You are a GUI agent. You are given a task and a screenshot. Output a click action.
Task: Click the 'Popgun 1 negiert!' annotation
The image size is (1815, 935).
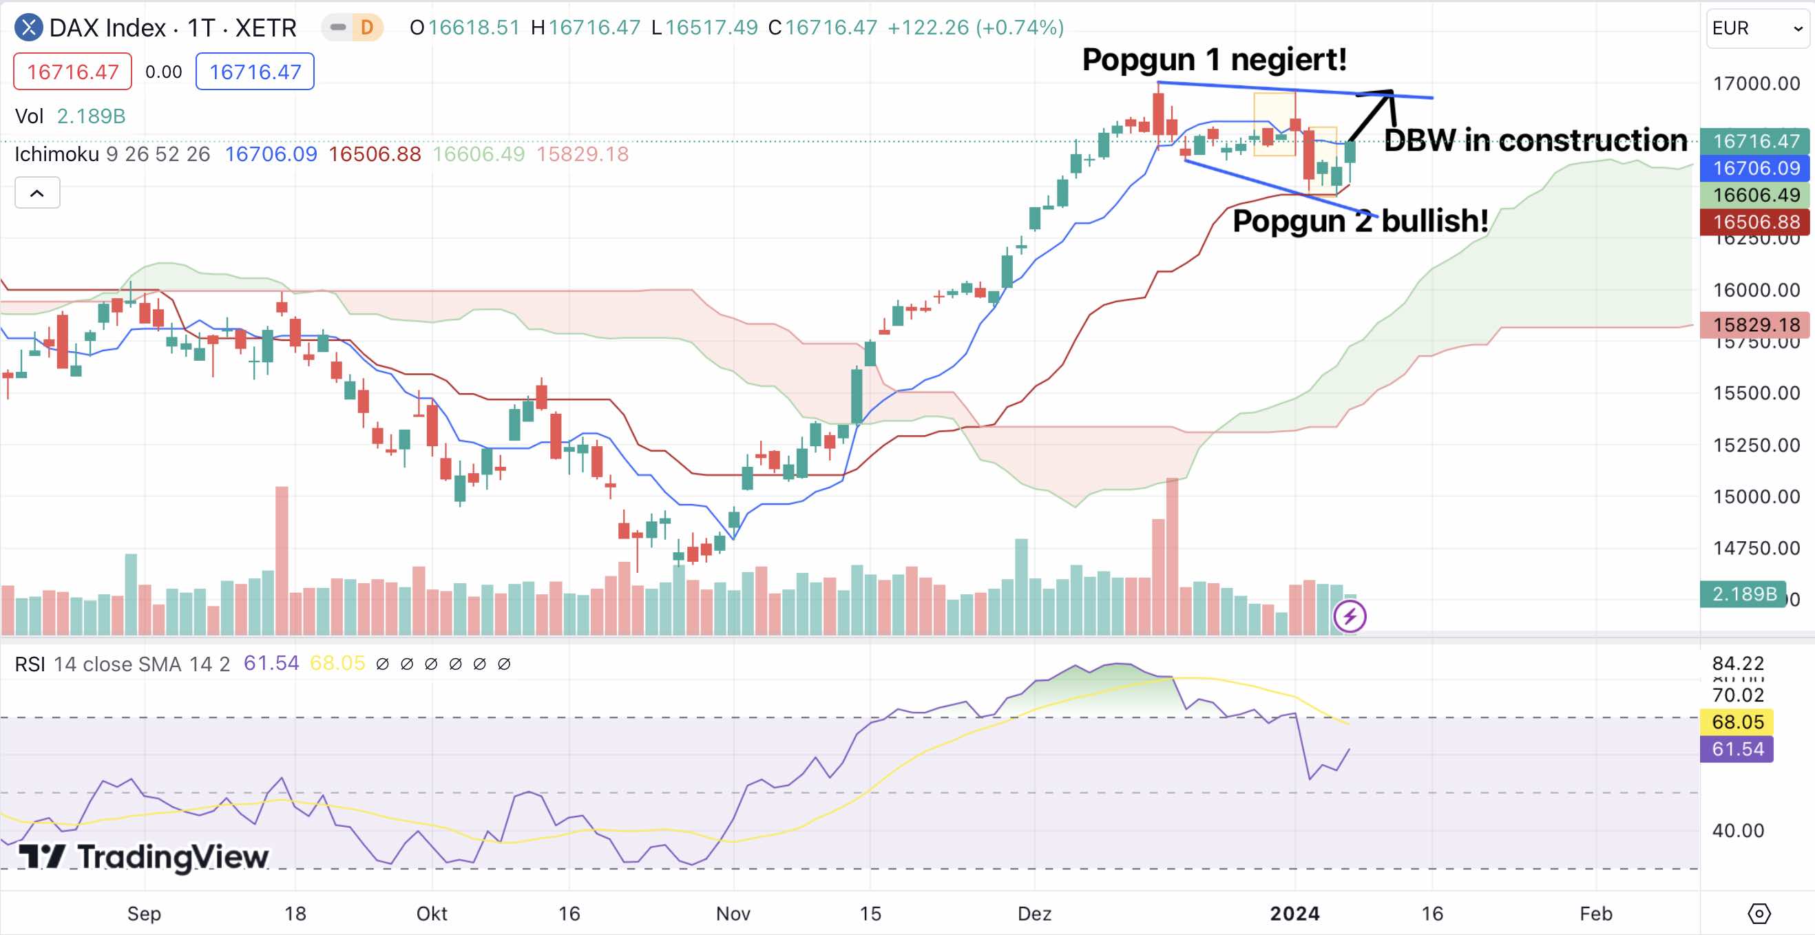tap(1214, 59)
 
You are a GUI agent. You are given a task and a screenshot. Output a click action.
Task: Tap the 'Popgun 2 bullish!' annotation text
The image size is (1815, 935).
tap(1360, 221)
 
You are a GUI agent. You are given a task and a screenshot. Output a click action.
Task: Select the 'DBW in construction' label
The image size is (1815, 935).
tap(1535, 140)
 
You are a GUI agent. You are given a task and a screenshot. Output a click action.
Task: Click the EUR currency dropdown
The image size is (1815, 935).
tap(1757, 28)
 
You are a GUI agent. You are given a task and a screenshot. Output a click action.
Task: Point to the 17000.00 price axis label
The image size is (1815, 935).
tap(1756, 84)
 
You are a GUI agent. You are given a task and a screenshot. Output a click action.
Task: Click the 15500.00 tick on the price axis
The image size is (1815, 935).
tap(1756, 393)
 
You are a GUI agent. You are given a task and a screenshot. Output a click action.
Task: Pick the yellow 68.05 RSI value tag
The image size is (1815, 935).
tap(1737, 722)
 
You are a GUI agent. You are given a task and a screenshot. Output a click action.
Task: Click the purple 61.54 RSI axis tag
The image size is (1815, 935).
tap(1737, 749)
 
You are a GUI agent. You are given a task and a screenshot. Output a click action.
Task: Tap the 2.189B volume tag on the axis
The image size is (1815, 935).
tap(1743, 594)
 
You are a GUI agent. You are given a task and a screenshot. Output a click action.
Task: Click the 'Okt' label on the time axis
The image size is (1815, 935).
tap(431, 914)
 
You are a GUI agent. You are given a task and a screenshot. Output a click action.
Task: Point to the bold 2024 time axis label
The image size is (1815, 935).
tap(1294, 914)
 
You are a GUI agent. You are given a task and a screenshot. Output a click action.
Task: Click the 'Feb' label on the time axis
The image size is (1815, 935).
tap(1595, 914)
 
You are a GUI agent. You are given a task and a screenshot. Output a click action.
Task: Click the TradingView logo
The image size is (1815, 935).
tap(143, 857)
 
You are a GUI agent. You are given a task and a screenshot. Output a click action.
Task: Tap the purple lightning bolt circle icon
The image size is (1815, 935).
tap(1350, 616)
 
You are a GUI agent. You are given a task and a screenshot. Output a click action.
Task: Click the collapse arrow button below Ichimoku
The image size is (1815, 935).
tap(37, 193)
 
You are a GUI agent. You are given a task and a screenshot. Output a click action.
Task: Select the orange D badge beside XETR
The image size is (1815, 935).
tap(366, 28)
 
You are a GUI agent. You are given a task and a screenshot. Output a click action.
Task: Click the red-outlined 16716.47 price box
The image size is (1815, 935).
tap(72, 72)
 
